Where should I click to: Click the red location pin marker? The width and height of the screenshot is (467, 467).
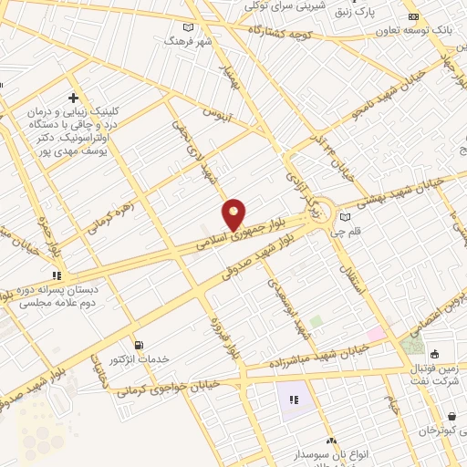234,214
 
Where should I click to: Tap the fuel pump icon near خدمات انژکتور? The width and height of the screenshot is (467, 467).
139,346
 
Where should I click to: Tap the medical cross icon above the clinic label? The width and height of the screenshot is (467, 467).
73,98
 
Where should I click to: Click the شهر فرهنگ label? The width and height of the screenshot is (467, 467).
188,41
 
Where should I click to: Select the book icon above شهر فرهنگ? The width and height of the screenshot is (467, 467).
188,27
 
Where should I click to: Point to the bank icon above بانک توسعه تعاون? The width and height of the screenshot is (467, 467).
412,16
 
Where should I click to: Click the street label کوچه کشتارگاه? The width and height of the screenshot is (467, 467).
275,34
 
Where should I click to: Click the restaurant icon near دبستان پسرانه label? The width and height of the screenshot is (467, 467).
57,274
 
